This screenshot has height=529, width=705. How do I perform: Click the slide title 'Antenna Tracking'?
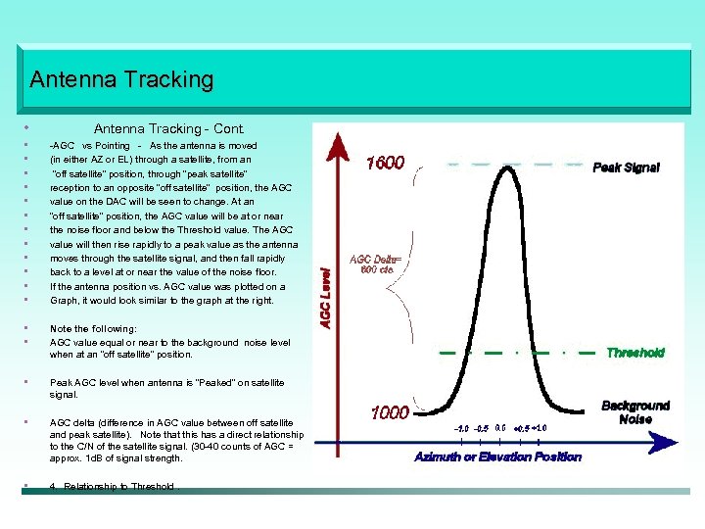tap(121, 78)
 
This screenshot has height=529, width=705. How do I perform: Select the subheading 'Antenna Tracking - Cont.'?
tap(168, 128)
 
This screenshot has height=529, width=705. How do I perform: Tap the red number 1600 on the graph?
tap(385, 163)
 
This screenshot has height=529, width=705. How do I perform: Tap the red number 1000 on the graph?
tap(389, 413)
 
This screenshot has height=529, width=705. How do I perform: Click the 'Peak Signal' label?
tap(626, 168)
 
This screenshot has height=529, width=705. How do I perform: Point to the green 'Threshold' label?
tap(634, 353)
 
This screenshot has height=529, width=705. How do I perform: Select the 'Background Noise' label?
tap(634, 411)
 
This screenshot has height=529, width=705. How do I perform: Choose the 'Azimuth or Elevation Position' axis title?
tap(497, 457)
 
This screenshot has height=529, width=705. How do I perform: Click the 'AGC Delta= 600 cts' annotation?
tap(370, 264)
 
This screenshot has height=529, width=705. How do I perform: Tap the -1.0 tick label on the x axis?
tap(459, 427)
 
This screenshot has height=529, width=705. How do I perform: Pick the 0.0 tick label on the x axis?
tap(500, 427)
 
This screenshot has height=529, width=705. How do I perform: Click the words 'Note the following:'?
tap(93, 329)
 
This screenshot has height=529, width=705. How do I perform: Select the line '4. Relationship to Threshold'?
tap(113, 486)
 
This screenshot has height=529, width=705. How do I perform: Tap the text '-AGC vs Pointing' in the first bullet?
tap(90, 145)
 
